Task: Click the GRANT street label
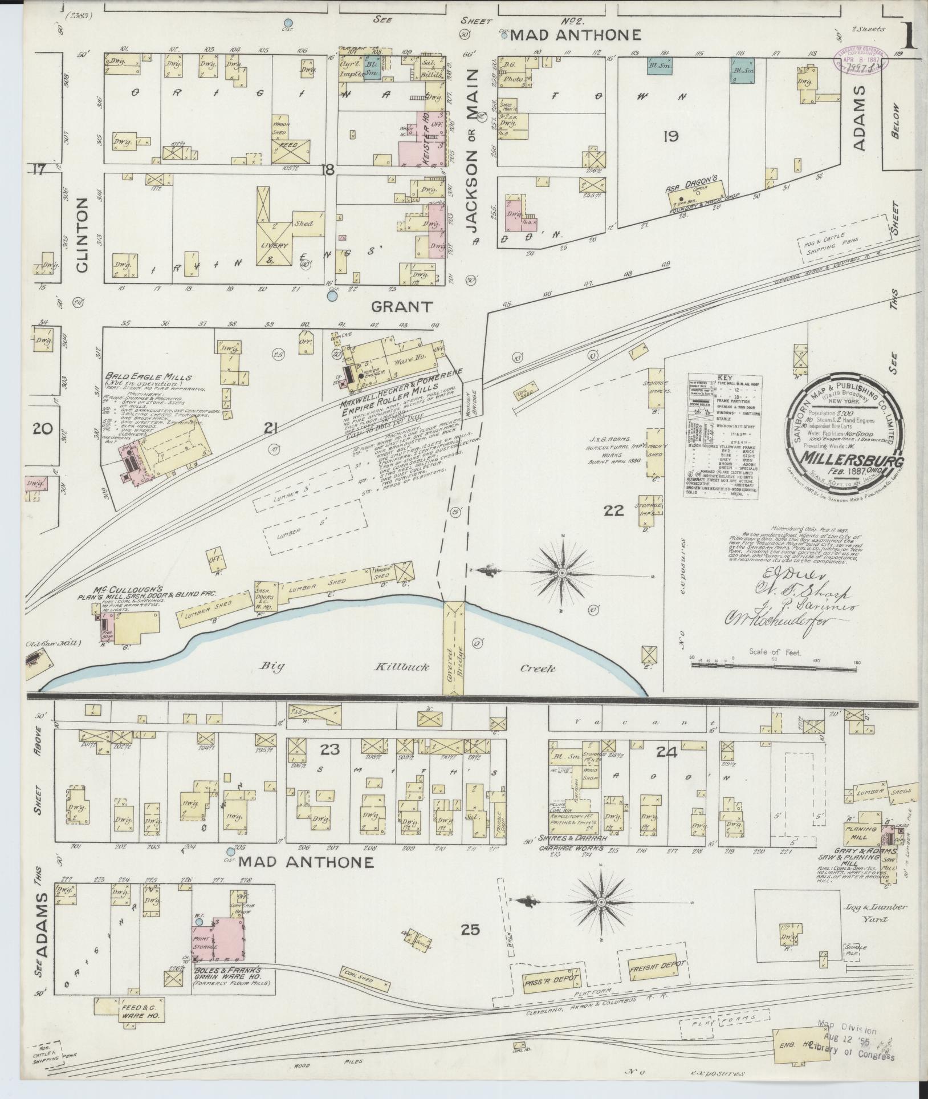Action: click(x=401, y=307)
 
